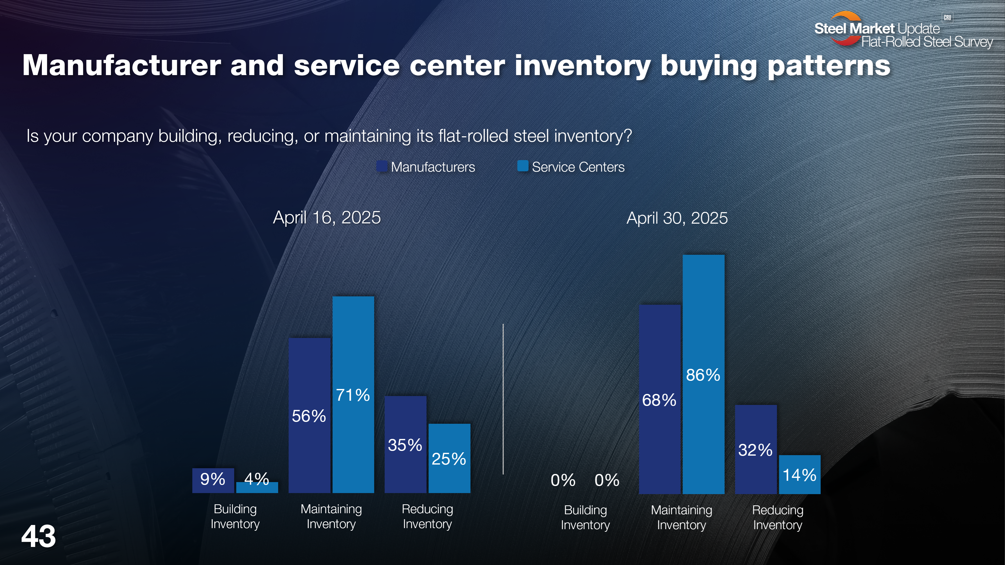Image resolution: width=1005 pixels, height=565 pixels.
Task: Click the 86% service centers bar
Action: coord(703,374)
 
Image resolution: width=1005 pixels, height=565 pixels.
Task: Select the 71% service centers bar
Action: coord(353,394)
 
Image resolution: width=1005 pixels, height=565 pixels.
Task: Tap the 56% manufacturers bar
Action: coord(309,415)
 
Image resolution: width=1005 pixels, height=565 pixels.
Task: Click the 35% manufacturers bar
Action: coord(405,444)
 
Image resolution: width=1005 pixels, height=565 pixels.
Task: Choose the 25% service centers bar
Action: coord(449,458)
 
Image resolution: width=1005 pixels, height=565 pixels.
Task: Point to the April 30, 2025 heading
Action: coord(677,218)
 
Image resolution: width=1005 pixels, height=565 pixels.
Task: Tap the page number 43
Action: coord(38,536)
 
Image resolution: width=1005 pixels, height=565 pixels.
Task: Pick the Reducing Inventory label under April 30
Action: coord(778,517)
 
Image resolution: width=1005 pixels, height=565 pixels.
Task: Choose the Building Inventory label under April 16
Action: coord(235,516)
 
